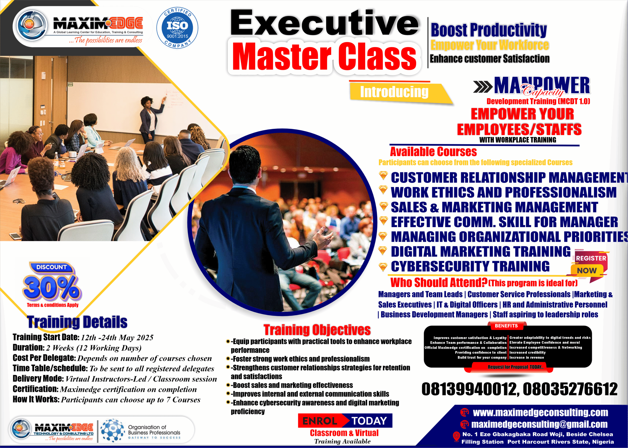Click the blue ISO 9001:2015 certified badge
177,28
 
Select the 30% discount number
52,288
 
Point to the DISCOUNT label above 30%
52,267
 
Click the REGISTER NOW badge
590,264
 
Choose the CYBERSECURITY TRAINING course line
470,266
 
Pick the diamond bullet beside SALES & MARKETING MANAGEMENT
383,206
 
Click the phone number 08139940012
468,389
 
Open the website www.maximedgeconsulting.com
540,412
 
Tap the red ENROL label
320,421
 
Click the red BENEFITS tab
506,326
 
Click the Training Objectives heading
317,330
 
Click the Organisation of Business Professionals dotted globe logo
112,430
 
